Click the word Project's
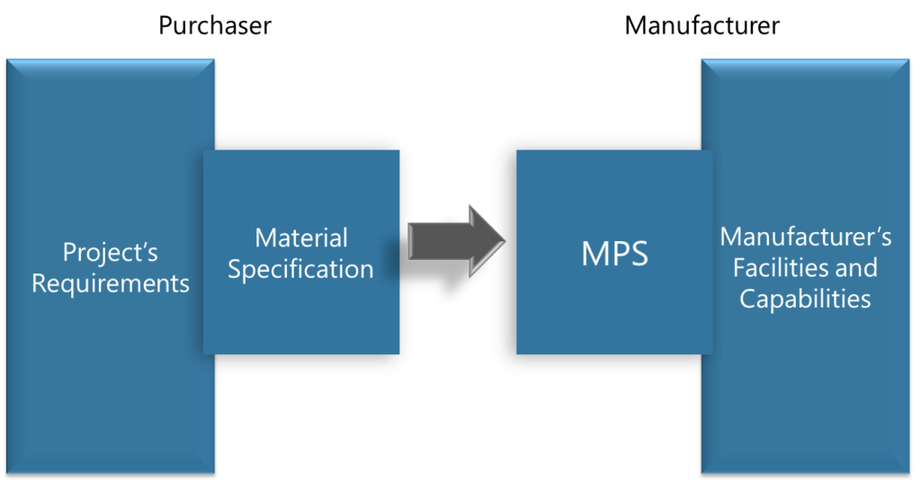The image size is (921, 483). coord(111,253)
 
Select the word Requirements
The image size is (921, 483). coord(111,284)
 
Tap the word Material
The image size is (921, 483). coord(300,238)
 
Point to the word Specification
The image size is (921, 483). coord(300,269)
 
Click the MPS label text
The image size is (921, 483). coord(615,254)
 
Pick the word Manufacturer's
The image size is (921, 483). coord(806,237)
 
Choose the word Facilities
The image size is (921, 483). coord(781,268)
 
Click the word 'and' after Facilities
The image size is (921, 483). coord(856,268)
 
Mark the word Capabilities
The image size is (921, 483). coord(805,299)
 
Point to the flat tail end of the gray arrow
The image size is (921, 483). coord(410,241)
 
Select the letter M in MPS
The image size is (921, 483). coord(595,254)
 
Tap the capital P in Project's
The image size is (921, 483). coord(69,253)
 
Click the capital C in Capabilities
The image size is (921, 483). coord(747,299)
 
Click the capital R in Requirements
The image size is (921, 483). coord(39,284)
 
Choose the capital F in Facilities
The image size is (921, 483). coord(739,268)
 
